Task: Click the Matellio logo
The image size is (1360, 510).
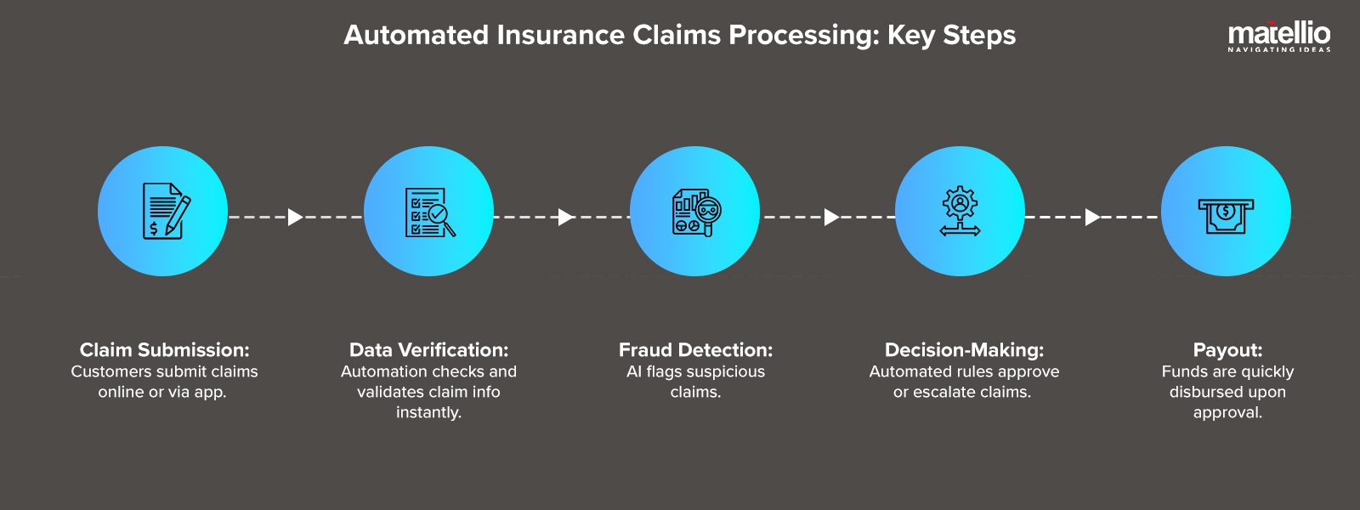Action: point(1278,36)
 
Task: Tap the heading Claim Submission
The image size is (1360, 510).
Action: point(164,350)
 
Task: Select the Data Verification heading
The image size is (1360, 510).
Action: point(428,350)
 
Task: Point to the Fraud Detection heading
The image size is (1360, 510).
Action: point(695,350)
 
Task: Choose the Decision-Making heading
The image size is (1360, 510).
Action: point(964,350)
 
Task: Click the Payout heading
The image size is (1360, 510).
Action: point(1227,350)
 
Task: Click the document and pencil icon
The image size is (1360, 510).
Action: point(164,211)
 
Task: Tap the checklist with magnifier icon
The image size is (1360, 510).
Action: point(429,212)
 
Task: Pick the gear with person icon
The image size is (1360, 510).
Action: point(960,211)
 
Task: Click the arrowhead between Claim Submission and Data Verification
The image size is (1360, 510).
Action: point(295,217)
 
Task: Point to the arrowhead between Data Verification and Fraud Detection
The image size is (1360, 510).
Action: point(565,217)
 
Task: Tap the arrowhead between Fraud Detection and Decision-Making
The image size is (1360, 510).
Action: point(831,217)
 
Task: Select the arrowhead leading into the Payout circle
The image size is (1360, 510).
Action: point(1092,217)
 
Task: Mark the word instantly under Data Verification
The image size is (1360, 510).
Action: point(428,412)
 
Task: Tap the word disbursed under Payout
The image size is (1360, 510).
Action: point(1204,392)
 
